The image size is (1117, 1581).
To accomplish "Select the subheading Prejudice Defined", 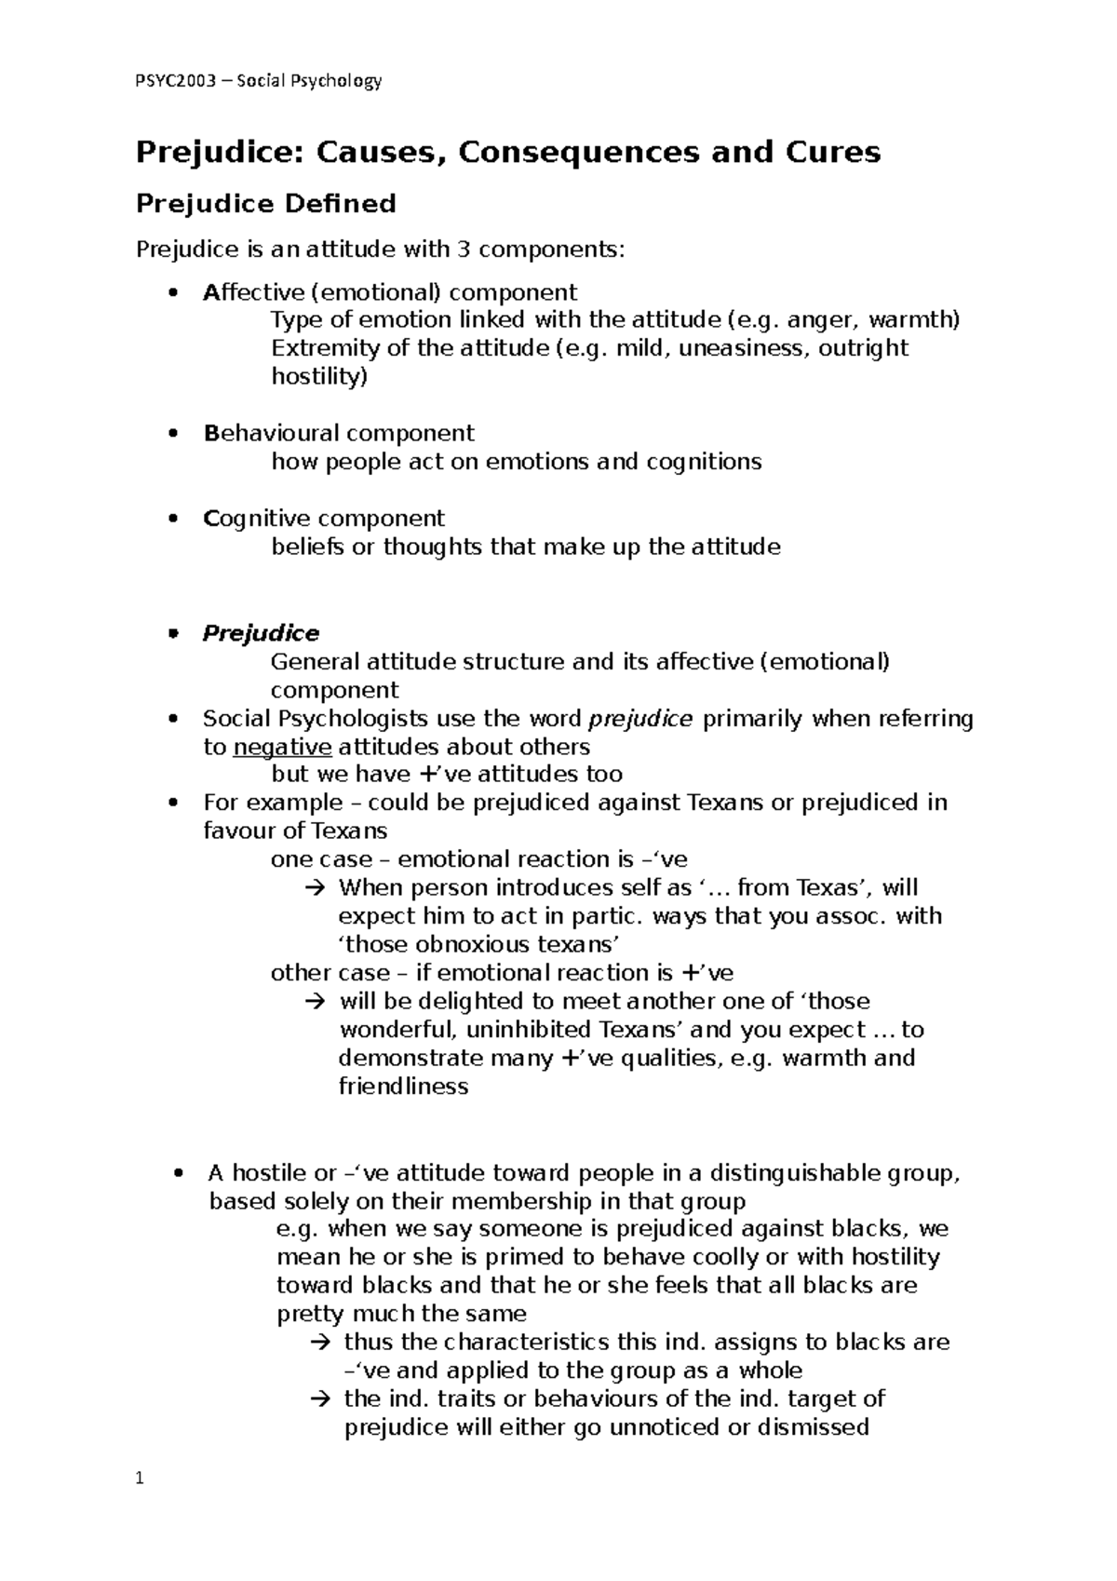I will tap(266, 203).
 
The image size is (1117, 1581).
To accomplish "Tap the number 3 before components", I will tap(462, 250).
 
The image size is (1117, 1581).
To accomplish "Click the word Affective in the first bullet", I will tap(253, 292).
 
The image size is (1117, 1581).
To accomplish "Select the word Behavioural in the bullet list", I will tap(271, 433).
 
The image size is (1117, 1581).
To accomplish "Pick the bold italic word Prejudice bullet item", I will tap(261, 633).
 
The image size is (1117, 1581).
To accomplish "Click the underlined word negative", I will tap(282, 747).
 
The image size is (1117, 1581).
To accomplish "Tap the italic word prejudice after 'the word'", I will tap(641, 719).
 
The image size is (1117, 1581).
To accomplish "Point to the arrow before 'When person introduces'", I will tap(313, 888).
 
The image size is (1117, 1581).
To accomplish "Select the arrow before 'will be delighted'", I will tap(313, 1002).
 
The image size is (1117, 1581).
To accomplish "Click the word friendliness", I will tap(403, 1086).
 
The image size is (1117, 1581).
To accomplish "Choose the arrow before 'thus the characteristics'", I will tap(318, 1343).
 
